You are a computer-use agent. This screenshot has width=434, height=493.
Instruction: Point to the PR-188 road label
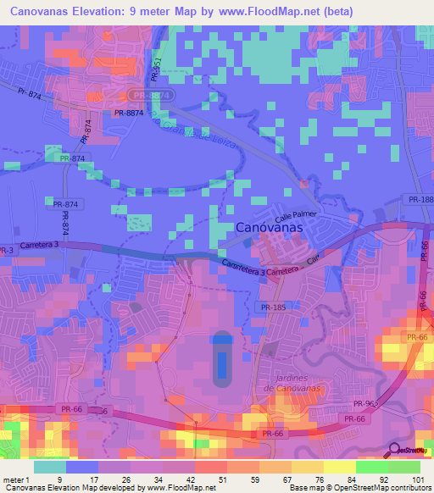(420, 200)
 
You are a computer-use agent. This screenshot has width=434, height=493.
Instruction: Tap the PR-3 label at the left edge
(7, 252)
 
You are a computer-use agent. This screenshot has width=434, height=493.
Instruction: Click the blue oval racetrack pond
(222, 356)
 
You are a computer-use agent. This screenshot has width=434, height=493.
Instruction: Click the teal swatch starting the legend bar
(50, 467)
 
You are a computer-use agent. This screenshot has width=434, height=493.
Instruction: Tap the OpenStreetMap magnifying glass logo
(394, 449)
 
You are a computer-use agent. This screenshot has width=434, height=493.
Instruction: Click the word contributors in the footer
(407, 488)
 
